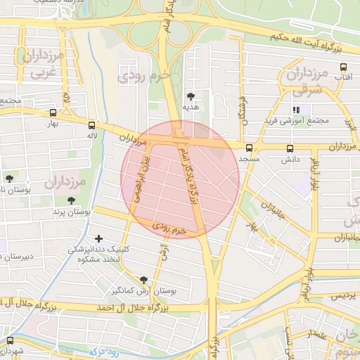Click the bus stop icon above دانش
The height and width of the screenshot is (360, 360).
[x=290, y=149]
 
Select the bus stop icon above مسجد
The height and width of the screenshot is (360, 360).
[x=250, y=148]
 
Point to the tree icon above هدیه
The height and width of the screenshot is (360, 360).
[x=191, y=96]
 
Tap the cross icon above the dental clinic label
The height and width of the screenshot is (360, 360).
[x=98, y=240]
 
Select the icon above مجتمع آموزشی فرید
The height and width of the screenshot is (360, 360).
[x=296, y=110]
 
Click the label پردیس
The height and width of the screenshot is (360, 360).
[x=342, y=295]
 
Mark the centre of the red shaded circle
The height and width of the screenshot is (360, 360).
[x=180, y=179]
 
